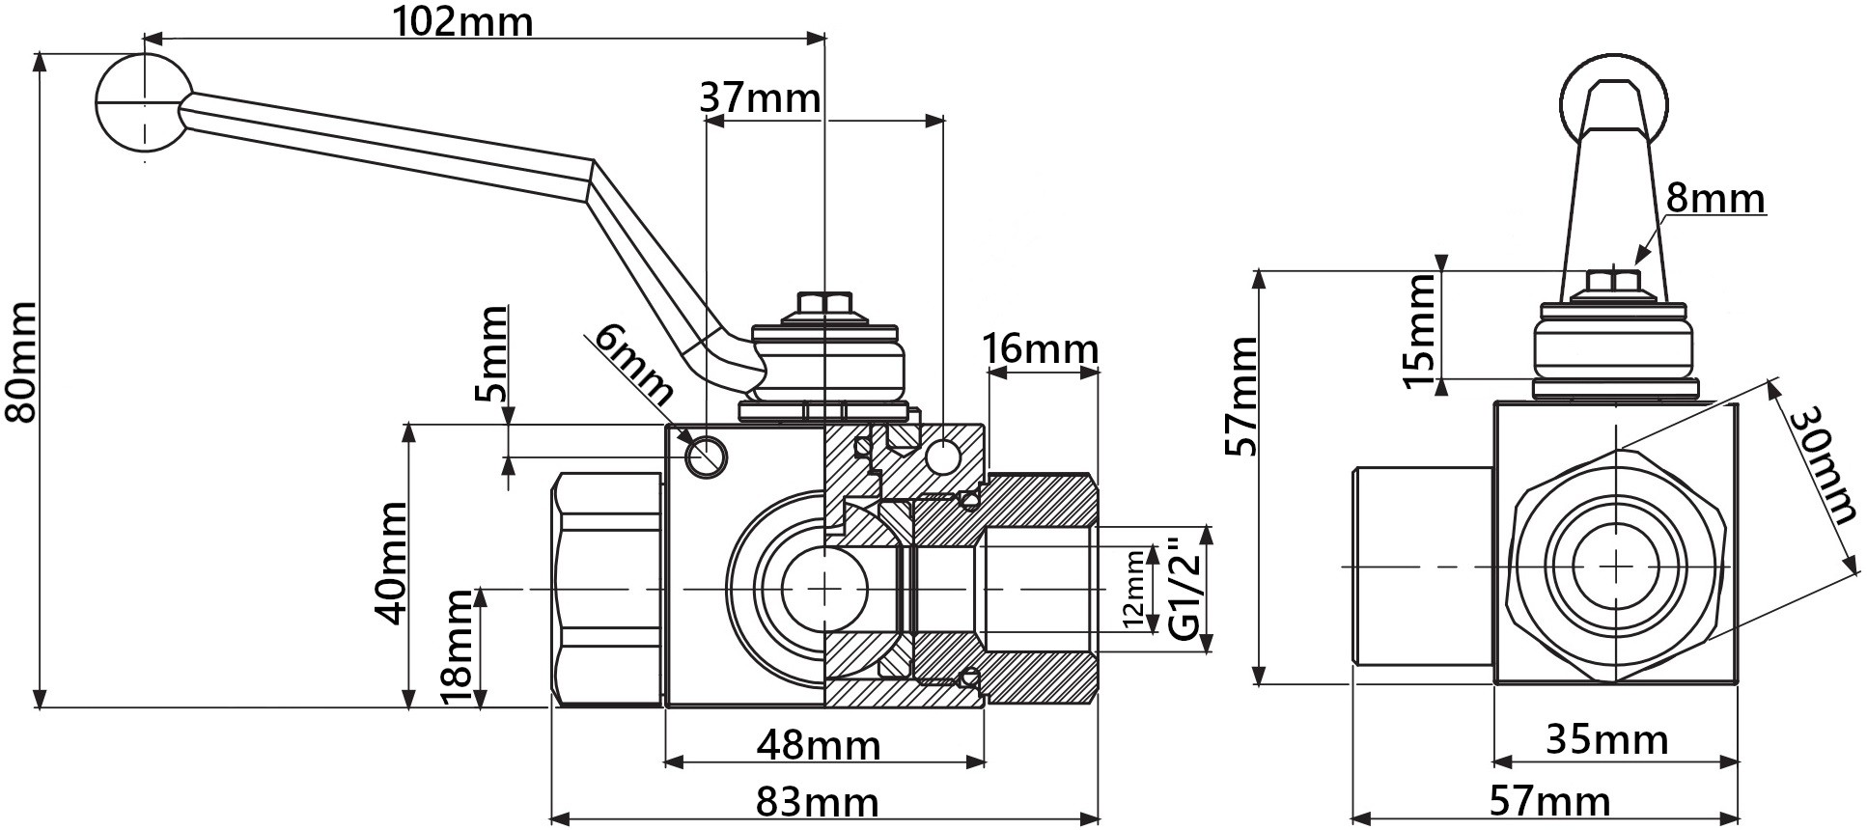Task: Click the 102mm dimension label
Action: (462, 21)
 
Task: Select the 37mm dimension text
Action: (760, 97)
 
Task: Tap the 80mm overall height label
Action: (20, 362)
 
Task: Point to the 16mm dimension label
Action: (1040, 347)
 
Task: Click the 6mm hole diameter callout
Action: (633, 364)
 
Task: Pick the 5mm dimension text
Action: (492, 353)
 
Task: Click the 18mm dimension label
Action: (457, 646)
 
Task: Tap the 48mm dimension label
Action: (819, 745)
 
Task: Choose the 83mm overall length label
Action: (818, 802)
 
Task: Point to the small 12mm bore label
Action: (1135, 588)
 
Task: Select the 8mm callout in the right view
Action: (1715, 198)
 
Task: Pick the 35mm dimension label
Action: (1607, 739)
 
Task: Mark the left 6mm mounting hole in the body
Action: (706, 454)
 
